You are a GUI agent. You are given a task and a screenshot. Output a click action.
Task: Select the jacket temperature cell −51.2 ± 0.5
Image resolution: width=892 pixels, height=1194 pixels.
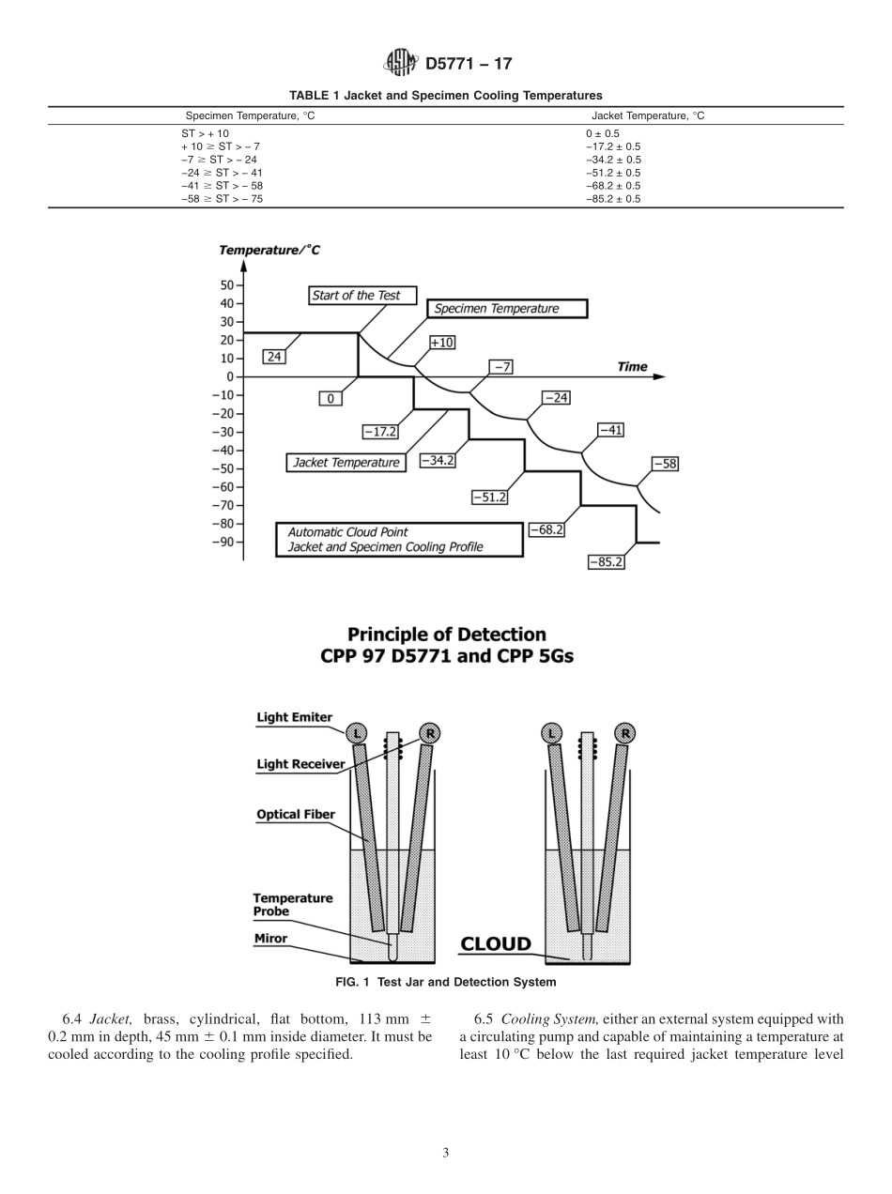coord(613,173)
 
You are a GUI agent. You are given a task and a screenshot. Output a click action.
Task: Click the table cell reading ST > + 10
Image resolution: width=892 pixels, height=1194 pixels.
coord(205,133)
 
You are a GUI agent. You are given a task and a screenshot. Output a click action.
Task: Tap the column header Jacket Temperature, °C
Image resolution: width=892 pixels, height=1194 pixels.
coord(648,115)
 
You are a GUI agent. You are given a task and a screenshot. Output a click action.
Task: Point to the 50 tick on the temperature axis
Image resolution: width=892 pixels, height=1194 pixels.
coord(226,284)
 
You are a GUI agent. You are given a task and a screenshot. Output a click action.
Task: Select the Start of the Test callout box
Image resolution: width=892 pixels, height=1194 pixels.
coord(356,295)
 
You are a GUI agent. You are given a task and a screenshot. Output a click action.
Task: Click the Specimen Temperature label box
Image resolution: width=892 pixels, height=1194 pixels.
coord(508,309)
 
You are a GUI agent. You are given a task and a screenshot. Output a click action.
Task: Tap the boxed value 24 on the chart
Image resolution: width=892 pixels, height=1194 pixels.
coord(273,357)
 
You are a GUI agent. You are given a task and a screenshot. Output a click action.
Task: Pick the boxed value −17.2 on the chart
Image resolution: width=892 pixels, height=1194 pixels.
coord(380,432)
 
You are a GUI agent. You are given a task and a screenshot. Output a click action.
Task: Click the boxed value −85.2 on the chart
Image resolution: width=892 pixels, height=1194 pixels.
coord(606,562)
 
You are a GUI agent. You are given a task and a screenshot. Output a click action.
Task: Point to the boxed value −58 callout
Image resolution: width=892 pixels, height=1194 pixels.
coord(665,464)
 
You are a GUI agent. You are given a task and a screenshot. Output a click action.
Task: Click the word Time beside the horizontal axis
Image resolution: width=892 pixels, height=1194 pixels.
coord(632,366)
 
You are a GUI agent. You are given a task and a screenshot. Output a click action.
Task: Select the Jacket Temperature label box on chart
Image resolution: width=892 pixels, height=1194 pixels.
coord(346,463)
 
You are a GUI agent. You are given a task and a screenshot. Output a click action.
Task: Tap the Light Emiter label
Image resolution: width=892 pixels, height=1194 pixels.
coord(294,717)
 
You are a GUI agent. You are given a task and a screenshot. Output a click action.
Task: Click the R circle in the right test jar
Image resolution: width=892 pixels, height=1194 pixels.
coord(626,733)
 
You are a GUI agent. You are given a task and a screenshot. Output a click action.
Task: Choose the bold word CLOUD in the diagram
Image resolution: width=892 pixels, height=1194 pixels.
coord(495,943)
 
